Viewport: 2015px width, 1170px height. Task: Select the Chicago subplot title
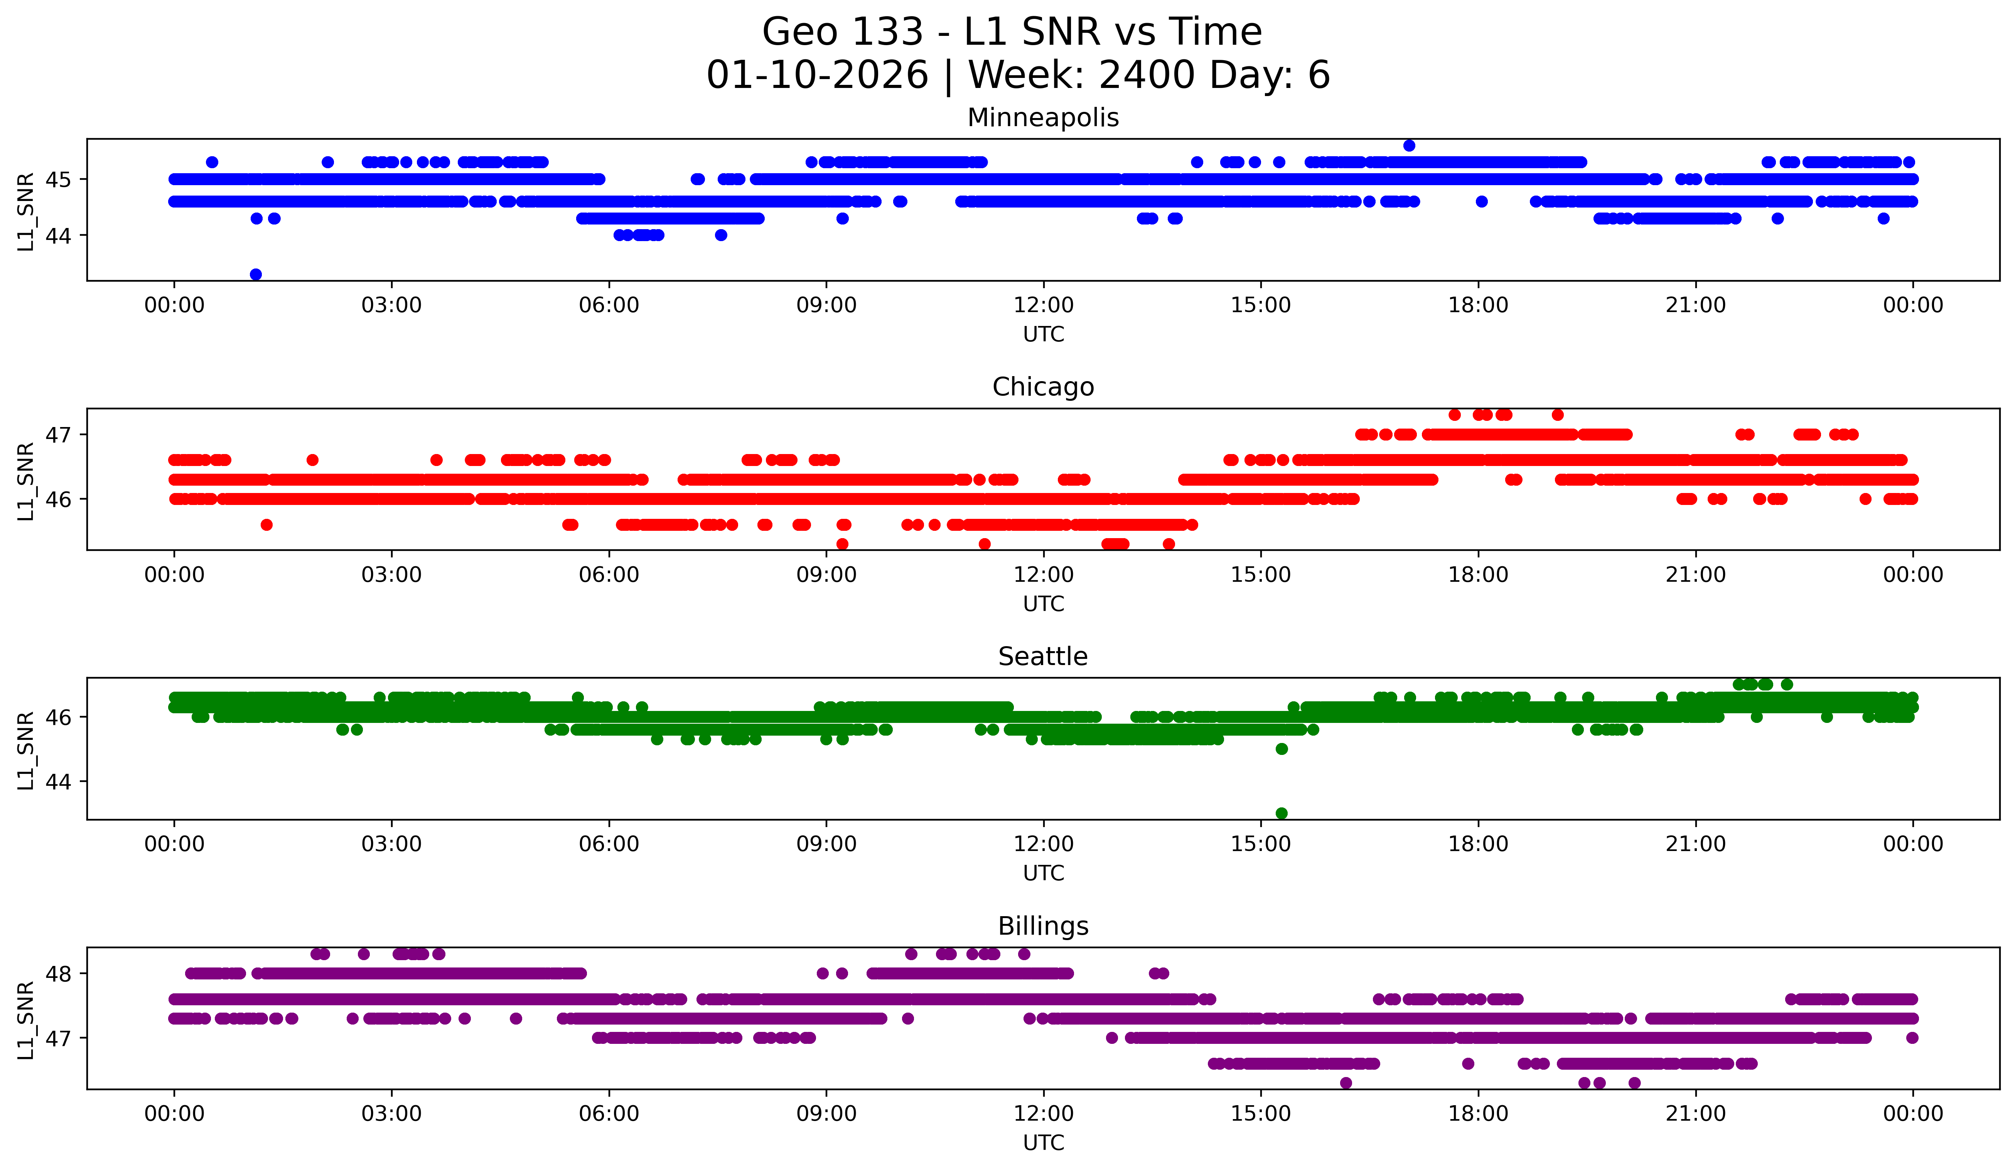point(1043,387)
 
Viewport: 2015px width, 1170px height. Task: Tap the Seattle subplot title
point(1043,657)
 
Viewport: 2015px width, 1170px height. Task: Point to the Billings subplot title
point(1043,926)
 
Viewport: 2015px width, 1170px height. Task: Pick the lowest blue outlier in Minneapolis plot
point(256,274)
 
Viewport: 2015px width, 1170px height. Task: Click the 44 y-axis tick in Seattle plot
point(57,781)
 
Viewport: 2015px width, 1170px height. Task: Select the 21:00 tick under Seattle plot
point(1695,844)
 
